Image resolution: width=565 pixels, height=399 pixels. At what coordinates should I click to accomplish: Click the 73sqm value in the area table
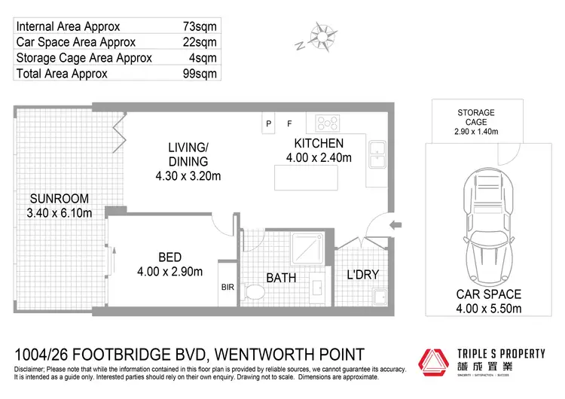[200, 26]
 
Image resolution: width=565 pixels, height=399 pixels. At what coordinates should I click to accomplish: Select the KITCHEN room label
[319, 143]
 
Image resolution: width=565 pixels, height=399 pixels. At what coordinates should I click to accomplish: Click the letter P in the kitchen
[267, 123]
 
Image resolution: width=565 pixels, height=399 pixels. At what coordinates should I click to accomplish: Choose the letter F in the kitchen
[289, 123]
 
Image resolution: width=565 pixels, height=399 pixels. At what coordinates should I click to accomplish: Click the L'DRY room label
[362, 275]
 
